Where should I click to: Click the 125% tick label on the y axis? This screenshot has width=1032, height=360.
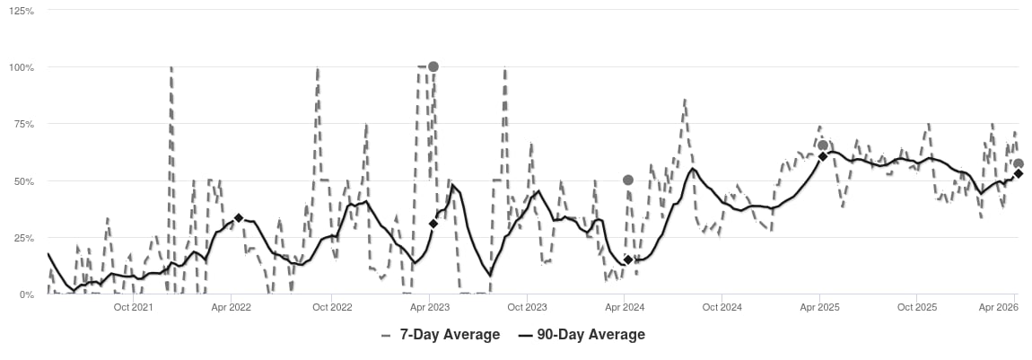click(x=22, y=11)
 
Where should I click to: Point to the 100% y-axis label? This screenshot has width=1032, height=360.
click(x=22, y=67)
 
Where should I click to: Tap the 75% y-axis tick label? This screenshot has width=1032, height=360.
click(x=24, y=124)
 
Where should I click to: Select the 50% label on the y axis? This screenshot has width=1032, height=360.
click(x=24, y=180)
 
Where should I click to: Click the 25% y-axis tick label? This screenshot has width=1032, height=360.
click(x=24, y=238)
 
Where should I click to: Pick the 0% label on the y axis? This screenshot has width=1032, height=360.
click(x=27, y=294)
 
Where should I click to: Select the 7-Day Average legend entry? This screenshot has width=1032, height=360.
click(x=441, y=335)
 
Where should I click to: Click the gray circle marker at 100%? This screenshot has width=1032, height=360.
click(x=433, y=66)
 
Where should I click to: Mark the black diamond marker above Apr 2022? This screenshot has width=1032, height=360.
click(x=238, y=218)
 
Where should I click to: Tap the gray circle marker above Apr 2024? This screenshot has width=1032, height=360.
click(x=628, y=180)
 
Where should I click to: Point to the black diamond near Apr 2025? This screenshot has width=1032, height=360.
click(x=822, y=156)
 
